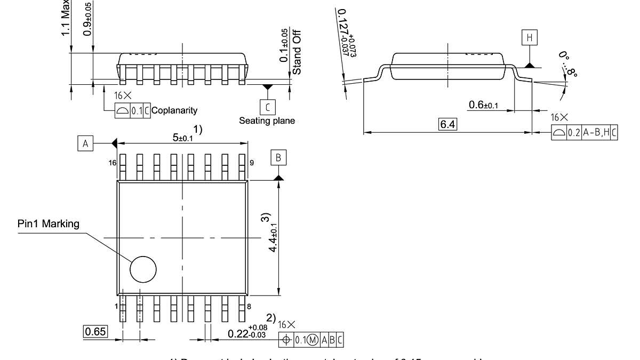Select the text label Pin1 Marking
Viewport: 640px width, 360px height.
coord(47,223)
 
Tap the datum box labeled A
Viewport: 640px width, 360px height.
coord(85,143)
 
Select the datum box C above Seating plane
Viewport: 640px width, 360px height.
coord(267,106)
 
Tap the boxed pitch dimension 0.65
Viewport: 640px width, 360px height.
coord(96,331)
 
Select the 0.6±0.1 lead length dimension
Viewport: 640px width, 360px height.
coord(483,105)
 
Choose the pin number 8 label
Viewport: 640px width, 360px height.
coord(250,306)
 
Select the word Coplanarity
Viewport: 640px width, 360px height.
coord(174,110)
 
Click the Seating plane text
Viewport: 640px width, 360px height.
coord(267,121)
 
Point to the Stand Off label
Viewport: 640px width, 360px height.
coord(297,52)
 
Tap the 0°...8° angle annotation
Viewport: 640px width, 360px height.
coord(568,65)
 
